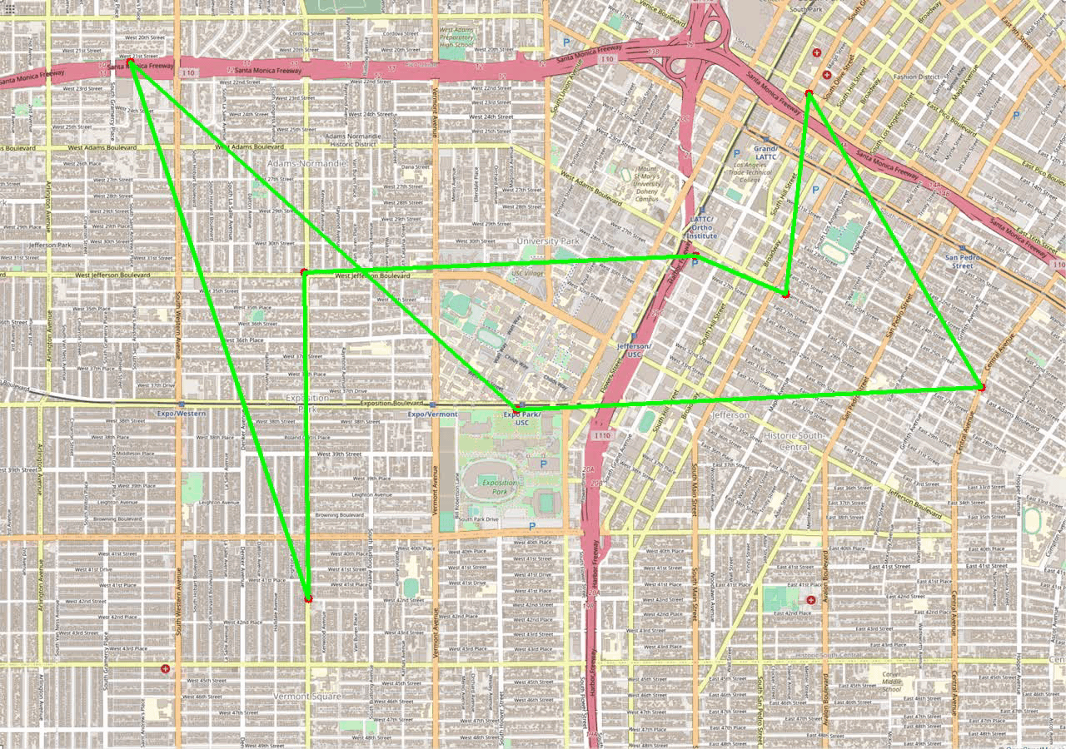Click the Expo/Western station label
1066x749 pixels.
pyautogui.click(x=182, y=414)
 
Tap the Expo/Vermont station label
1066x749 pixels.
pyautogui.click(x=432, y=414)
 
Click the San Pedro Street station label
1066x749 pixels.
pyautogui.click(x=962, y=261)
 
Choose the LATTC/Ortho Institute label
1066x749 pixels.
pyautogui.click(x=703, y=227)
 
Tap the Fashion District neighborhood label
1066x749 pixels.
pyautogui.click(x=916, y=77)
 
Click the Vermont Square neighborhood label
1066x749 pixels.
pyautogui.click(x=306, y=696)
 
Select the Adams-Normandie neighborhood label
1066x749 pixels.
pyautogui.click(x=306, y=164)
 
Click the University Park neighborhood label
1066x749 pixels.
pyautogui.click(x=547, y=241)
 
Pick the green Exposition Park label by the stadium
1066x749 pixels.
pyautogui.click(x=500, y=487)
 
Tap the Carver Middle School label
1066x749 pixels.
pyautogui.click(x=891, y=682)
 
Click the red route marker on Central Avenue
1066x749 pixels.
pyautogui.click(x=982, y=388)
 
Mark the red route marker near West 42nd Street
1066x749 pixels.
pyautogui.click(x=308, y=598)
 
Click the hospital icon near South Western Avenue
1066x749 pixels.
pyautogui.click(x=166, y=669)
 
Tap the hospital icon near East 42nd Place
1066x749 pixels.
pyautogui.click(x=810, y=599)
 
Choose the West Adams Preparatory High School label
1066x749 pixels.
pyautogui.click(x=457, y=37)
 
